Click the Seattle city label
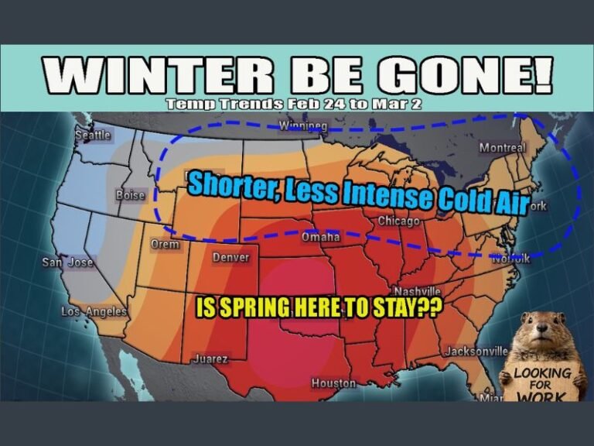tap(93, 136)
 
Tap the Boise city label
tap(130, 195)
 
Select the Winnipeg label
tap(302, 125)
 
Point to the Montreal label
tap(502, 148)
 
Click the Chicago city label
tap(398, 221)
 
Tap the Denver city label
tap(230, 257)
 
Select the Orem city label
tap(164, 245)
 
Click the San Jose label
tap(67, 262)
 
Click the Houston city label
tap(333, 383)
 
